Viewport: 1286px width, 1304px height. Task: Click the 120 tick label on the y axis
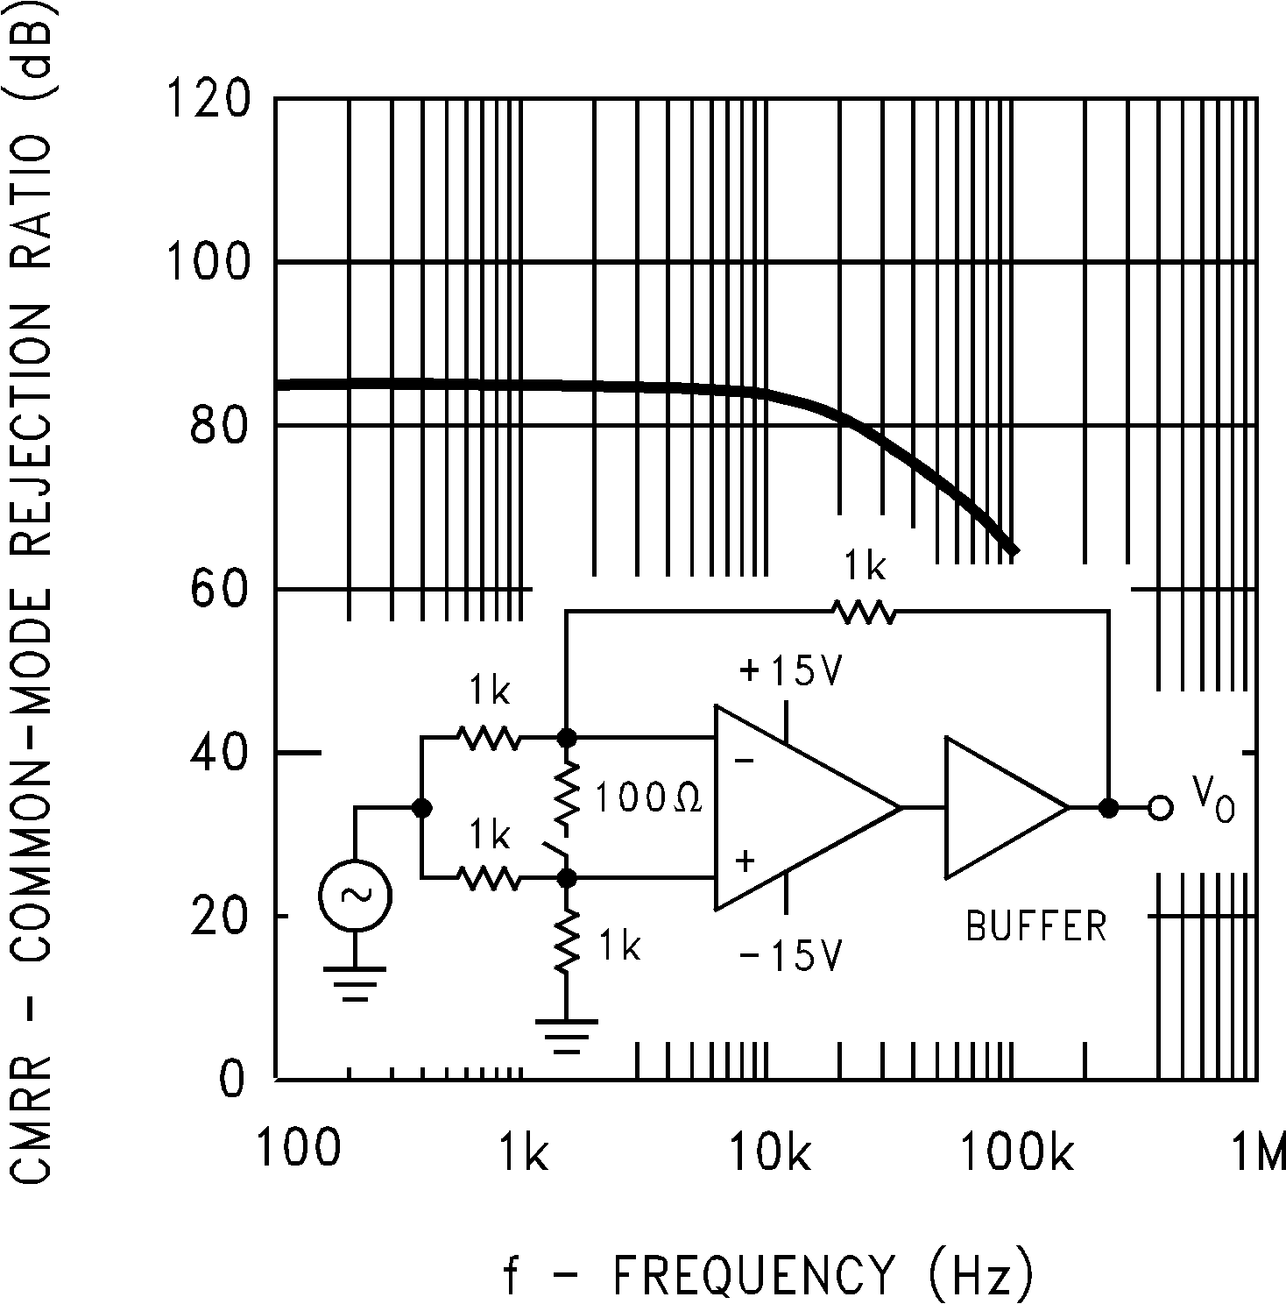tap(208, 99)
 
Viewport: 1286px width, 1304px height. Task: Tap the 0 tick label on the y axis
tap(231, 1080)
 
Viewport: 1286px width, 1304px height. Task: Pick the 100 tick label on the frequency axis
tap(298, 1149)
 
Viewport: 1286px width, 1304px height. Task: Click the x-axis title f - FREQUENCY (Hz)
tap(767, 1272)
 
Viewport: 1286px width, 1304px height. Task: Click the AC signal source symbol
tap(355, 895)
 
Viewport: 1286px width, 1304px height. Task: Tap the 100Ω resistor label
tap(648, 799)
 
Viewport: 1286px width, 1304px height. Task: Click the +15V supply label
tap(791, 672)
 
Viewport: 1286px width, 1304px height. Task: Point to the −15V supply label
tap(790, 955)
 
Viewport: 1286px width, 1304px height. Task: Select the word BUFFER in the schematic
tap(1036, 926)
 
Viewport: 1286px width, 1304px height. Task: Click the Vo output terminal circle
tap(1160, 808)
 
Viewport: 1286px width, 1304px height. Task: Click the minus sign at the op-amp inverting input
tap(744, 761)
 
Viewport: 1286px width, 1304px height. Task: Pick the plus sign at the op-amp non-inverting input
tap(745, 861)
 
